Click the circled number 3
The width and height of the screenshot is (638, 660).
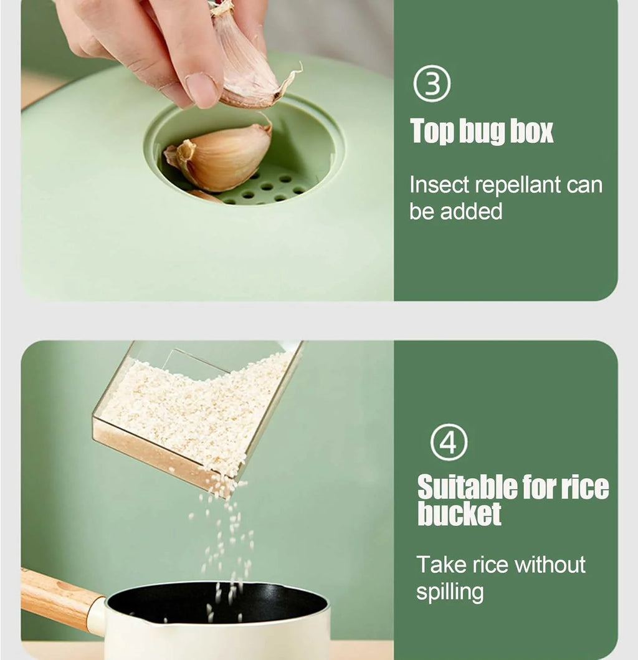[x=431, y=84]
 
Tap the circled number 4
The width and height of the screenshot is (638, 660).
[x=449, y=442]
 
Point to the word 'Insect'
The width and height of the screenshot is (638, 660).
[x=439, y=184]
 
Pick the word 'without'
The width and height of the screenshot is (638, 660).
[x=550, y=565]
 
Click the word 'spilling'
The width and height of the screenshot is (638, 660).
[x=450, y=592]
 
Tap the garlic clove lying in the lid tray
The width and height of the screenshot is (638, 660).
[x=219, y=158]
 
